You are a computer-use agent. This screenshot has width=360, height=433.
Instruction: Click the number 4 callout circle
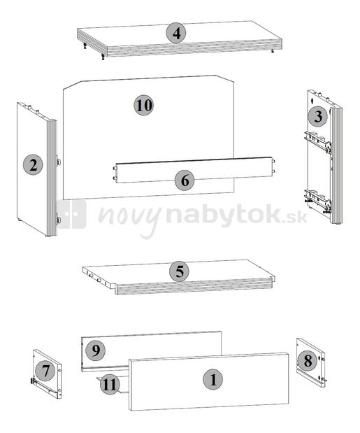click(176, 33)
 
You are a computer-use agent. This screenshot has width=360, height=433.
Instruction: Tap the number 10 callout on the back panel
click(144, 106)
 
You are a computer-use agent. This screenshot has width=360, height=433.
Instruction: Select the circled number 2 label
click(32, 165)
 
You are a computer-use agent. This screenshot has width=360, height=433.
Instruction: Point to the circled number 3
click(318, 116)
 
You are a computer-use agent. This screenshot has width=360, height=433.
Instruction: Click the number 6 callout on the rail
click(185, 180)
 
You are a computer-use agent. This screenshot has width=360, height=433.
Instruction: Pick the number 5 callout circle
click(179, 271)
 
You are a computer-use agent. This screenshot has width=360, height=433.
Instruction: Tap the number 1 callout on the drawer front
click(213, 380)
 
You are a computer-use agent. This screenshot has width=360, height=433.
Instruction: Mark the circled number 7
click(44, 370)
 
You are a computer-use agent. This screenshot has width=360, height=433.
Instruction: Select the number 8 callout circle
click(305, 361)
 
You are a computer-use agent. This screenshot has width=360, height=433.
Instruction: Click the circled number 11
click(109, 383)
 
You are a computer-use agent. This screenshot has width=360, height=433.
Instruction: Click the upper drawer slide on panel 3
click(318, 143)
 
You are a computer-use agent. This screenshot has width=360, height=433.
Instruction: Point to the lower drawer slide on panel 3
click(318, 201)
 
